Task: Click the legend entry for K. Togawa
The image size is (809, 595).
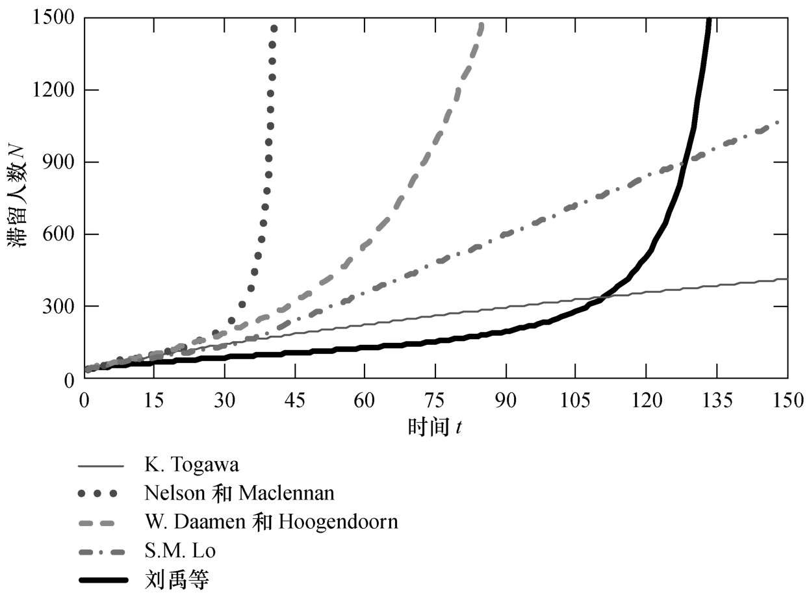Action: pyautogui.click(x=192, y=465)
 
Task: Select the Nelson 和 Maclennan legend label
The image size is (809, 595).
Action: pyautogui.click(x=239, y=494)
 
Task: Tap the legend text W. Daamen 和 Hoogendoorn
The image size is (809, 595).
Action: pyautogui.click(x=271, y=522)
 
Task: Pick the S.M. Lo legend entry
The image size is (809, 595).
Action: pyautogui.click(x=180, y=551)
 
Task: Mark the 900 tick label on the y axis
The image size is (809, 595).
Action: pyautogui.click(x=58, y=162)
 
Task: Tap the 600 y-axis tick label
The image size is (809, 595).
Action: pyautogui.click(x=58, y=234)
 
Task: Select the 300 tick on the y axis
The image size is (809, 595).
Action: pyautogui.click(x=58, y=307)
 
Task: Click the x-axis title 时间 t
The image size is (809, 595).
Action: pyautogui.click(x=435, y=427)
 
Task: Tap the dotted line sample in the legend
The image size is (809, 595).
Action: pyautogui.click(x=101, y=494)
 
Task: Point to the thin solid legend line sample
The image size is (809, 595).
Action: pyautogui.click(x=101, y=466)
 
